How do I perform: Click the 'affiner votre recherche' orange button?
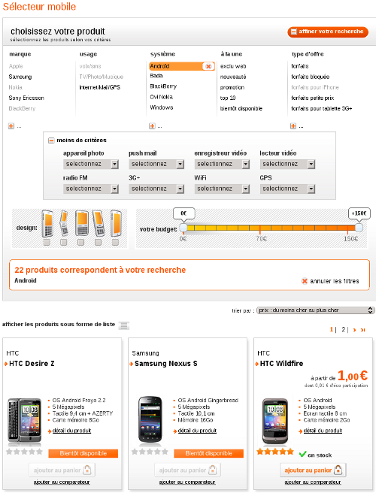pos(327,32)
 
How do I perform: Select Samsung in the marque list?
pos(20,77)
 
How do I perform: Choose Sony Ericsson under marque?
pos(26,98)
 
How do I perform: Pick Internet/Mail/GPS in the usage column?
pos(99,87)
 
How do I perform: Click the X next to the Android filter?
pos(208,66)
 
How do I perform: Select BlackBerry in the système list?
pos(163,86)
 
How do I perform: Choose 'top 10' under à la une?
pos(228,98)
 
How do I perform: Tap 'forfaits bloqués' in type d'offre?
pos(310,77)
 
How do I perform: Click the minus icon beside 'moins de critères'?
pos(51,141)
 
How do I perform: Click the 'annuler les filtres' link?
pos(330,281)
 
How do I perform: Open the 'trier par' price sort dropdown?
pos(314,310)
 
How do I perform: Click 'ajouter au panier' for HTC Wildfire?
pos(313,470)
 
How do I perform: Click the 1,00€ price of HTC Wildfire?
pos(352,375)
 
